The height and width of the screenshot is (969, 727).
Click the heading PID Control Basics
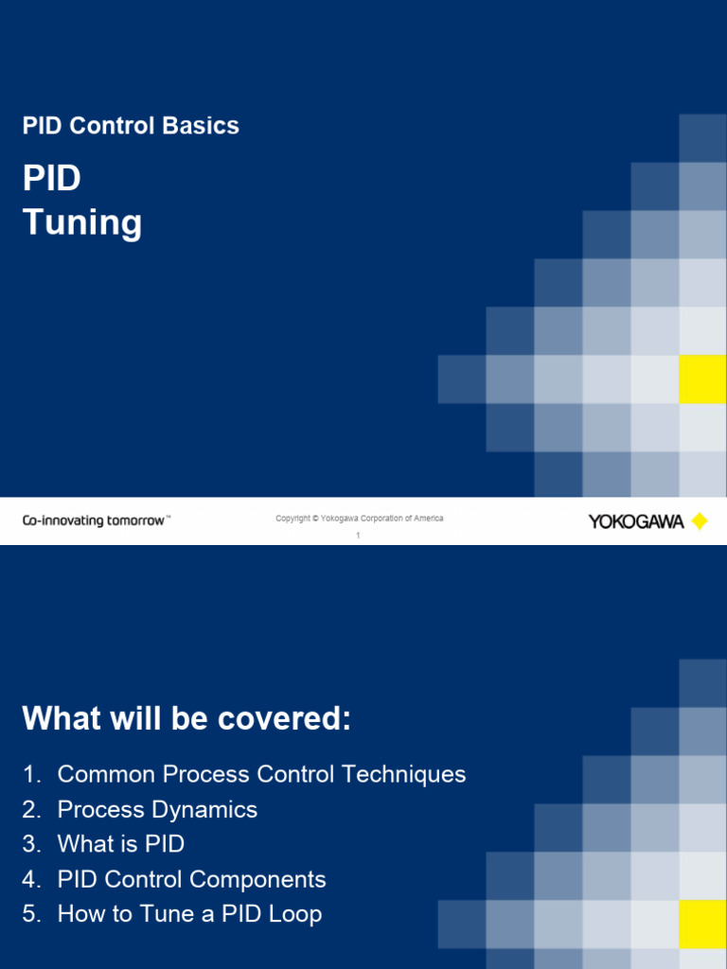coord(131,126)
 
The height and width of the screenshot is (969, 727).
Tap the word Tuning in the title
coord(82,223)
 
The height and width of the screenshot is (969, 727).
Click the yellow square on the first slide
coord(702,379)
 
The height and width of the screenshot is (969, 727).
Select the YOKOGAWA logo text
coord(636,521)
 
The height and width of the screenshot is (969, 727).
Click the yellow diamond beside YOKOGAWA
coord(700,521)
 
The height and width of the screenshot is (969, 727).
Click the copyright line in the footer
coord(359,519)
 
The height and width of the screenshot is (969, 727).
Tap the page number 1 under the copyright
coord(359,536)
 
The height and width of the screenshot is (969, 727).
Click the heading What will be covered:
coord(186,719)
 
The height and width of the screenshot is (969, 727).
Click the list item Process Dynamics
coord(157,809)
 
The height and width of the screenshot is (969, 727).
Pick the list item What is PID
coord(120,844)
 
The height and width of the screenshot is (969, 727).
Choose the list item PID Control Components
coord(191,879)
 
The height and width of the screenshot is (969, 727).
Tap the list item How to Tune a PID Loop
coord(189,914)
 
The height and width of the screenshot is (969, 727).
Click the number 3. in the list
coord(31,844)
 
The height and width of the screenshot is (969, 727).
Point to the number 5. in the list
coord(31,914)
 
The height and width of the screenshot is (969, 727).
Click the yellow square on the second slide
coord(702,924)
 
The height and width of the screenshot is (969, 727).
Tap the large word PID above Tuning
coord(52,179)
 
